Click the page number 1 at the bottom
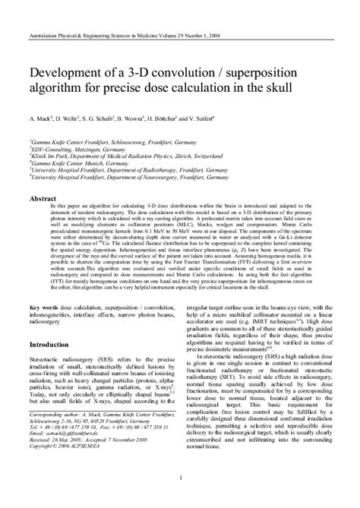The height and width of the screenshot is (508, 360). point(180,477)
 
